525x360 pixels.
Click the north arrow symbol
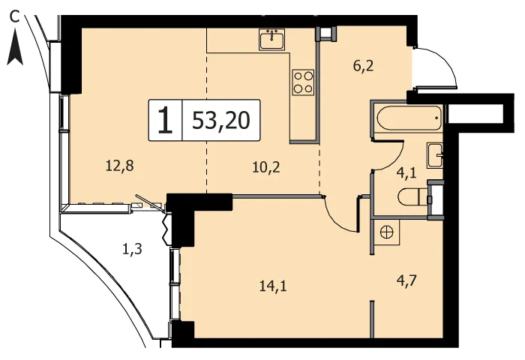pos(15,47)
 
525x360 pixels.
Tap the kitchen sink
pos(271,40)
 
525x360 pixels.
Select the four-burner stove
pos(303,82)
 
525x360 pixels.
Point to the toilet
pos(412,196)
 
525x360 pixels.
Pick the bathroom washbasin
pos(435,155)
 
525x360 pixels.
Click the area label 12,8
pos(120,166)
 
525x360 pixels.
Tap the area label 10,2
pos(266,166)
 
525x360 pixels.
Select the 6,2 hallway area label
pos(363,66)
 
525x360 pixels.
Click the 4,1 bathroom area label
pos(406,173)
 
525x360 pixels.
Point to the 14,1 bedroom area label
pos(273,286)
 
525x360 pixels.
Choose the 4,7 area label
pos(406,280)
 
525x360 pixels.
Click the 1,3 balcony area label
pos(132,249)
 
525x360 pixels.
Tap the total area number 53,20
pos(221,121)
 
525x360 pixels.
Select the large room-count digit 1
pos(166,120)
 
